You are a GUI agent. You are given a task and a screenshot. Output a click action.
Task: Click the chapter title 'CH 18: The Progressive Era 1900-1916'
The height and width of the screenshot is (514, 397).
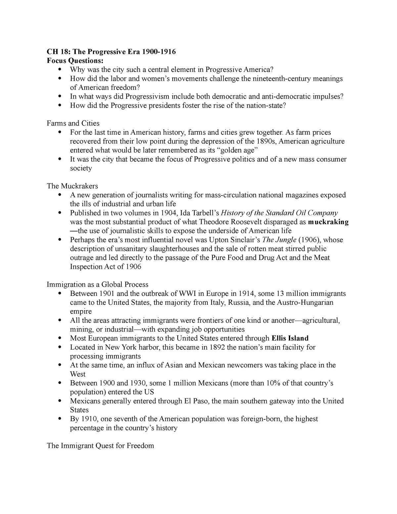(111, 52)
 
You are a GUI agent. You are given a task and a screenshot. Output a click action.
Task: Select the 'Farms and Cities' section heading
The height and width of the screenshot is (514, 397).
(73, 123)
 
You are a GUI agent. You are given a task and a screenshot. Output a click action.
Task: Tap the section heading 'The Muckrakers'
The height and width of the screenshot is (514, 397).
(72, 186)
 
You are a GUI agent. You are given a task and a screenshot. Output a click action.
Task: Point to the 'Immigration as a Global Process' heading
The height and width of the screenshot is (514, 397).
(98, 284)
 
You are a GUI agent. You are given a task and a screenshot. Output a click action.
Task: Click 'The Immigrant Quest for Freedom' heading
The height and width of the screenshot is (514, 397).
(101, 445)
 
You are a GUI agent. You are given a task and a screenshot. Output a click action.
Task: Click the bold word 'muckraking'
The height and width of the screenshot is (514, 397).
(328, 222)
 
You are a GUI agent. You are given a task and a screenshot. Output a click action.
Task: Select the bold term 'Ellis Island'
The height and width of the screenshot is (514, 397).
(290, 338)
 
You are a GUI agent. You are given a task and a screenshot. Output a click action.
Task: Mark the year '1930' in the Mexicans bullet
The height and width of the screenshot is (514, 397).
(139, 383)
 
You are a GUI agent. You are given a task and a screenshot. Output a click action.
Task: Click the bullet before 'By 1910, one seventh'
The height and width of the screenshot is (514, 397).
(60, 419)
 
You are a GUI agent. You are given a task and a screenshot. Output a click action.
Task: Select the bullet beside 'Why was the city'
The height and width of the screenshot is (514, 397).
(60, 70)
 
